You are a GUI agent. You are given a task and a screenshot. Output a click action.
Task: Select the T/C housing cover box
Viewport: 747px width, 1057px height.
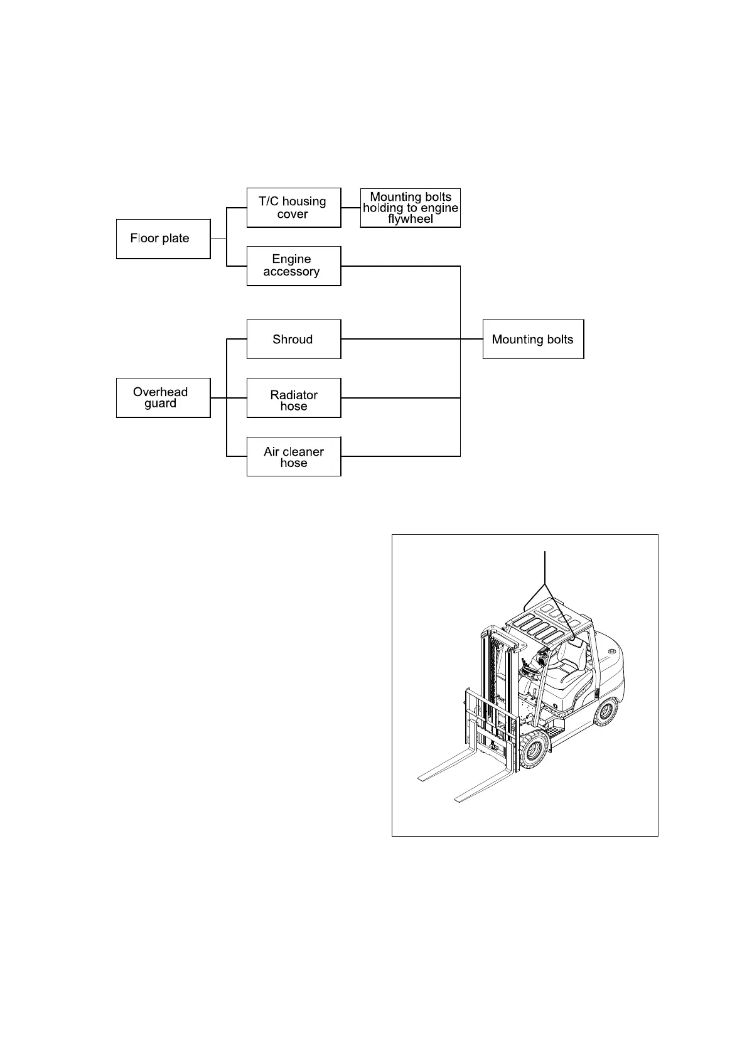pos(294,207)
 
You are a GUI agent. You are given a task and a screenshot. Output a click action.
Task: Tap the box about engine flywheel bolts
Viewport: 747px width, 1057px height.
pos(411,207)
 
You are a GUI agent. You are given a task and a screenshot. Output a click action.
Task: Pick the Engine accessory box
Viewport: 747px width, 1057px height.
pos(294,266)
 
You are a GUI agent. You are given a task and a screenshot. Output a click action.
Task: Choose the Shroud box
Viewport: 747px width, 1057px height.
pos(294,339)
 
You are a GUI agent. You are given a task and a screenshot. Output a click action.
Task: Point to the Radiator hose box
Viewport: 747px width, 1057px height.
pos(294,397)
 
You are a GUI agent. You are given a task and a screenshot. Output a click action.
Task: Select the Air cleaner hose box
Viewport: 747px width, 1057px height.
pos(294,456)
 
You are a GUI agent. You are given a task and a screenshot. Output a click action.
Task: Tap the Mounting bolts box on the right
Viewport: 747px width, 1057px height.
pos(533,339)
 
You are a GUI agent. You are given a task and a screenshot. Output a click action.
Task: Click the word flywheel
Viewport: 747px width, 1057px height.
pos(411,220)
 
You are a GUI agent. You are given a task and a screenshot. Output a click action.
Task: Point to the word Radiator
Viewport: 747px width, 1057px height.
pos(294,395)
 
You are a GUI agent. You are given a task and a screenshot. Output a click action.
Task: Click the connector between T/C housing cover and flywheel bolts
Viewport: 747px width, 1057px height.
pos(351,207)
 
